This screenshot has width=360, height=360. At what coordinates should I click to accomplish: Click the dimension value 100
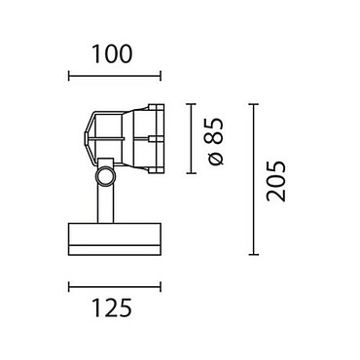(113, 54)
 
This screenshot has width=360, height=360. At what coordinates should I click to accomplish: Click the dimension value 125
(113, 307)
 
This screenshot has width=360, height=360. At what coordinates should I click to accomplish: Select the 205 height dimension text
(276, 181)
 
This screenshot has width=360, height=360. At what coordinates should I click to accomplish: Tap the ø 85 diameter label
(214, 141)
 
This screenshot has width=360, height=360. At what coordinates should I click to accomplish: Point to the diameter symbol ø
(216, 160)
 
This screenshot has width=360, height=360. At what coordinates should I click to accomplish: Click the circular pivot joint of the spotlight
(105, 177)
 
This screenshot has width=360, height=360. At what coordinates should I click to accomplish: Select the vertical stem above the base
(105, 205)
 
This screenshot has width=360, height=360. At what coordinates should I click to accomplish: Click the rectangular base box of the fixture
(115, 239)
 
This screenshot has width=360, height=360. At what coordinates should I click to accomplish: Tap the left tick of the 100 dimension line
(69, 76)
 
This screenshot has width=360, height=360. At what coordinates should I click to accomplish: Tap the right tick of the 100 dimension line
(161, 76)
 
